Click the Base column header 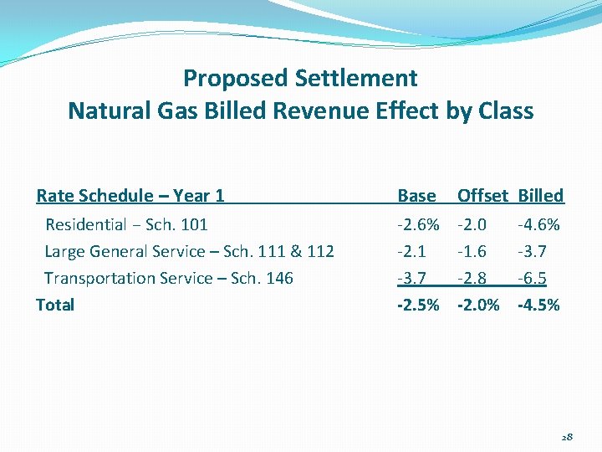(x=416, y=196)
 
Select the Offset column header (x=482, y=196)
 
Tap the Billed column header (x=541, y=196)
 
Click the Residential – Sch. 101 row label (x=126, y=224)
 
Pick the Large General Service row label (x=189, y=251)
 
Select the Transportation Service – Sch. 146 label (x=169, y=278)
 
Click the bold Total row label (x=55, y=305)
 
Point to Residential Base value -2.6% (x=417, y=224)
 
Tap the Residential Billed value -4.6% (x=539, y=224)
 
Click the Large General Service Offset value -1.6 (x=473, y=251)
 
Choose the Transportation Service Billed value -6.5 (x=533, y=278)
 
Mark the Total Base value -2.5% (x=417, y=305)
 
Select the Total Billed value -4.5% (x=539, y=305)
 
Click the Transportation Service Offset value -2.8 (x=473, y=278)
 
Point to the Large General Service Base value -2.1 (x=411, y=251)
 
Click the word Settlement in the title (x=356, y=79)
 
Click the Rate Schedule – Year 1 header (x=130, y=196)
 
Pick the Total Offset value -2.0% (x=478, y=305)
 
